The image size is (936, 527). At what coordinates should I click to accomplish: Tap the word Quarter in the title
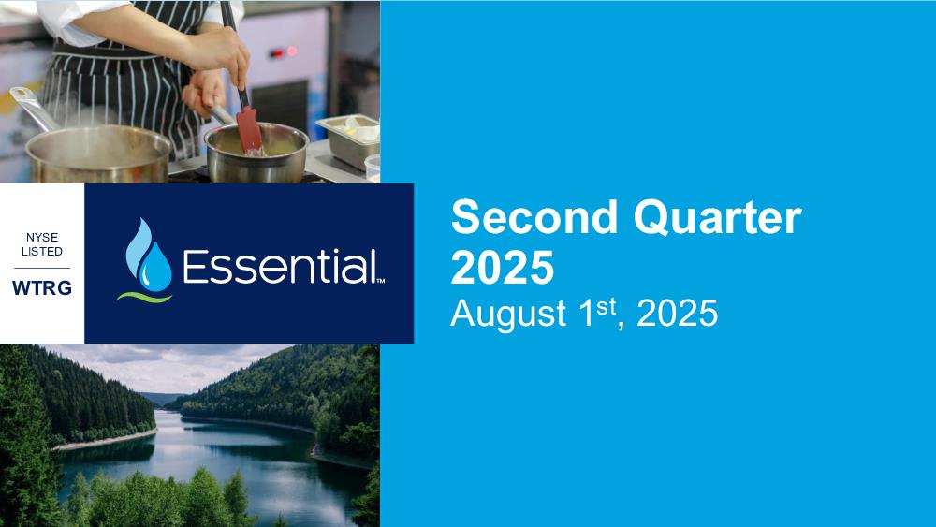[x=718, y=218]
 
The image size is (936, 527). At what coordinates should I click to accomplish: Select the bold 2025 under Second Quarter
[x=503, y=268]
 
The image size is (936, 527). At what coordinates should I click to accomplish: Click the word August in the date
[x=508, y=314]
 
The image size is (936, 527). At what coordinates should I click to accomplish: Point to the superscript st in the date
[x=606, y=305]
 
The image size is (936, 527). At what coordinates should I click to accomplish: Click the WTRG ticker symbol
[x=42, y=287]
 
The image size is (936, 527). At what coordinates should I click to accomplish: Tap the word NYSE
[x=42, y=238]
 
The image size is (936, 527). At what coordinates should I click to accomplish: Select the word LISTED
[x=42, y=251]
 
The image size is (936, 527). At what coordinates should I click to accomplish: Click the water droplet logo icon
[x=148, y=255]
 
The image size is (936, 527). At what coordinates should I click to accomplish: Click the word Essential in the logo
[x=280, y=266]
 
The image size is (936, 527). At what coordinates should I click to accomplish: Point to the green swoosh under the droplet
[x=144, y=297]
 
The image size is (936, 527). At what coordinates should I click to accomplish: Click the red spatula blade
[x=249, y=129]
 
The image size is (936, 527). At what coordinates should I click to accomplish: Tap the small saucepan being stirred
[x=256, y=153]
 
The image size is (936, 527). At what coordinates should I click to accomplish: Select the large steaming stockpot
[x=98, y=154]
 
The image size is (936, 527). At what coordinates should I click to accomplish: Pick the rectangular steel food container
[x=348, y=140]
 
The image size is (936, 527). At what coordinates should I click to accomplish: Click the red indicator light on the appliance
[x=278, y=53]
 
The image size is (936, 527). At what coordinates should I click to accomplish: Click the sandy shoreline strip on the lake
[x=106, y=440]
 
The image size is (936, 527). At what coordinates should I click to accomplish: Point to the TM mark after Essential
[x=380, y=281]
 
